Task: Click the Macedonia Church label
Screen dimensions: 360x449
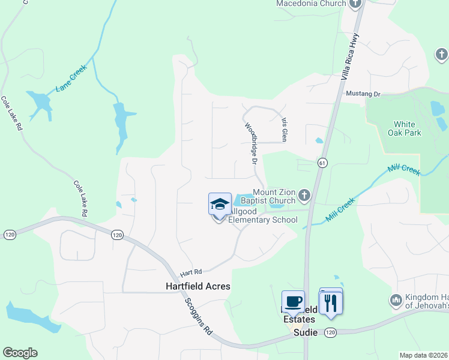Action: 311,4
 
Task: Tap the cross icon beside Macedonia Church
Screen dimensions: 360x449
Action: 355,4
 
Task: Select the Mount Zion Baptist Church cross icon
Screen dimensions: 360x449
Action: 304,194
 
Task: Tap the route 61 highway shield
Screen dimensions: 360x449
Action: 322,163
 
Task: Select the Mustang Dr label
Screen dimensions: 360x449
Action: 363,94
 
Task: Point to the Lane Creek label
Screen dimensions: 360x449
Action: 71,78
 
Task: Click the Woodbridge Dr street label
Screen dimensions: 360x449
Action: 250,145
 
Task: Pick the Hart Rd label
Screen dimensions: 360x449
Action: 190,271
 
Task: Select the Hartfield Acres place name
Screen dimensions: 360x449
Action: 197,287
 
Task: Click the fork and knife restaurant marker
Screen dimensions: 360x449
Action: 330,302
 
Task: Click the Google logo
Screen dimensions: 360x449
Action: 20,353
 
